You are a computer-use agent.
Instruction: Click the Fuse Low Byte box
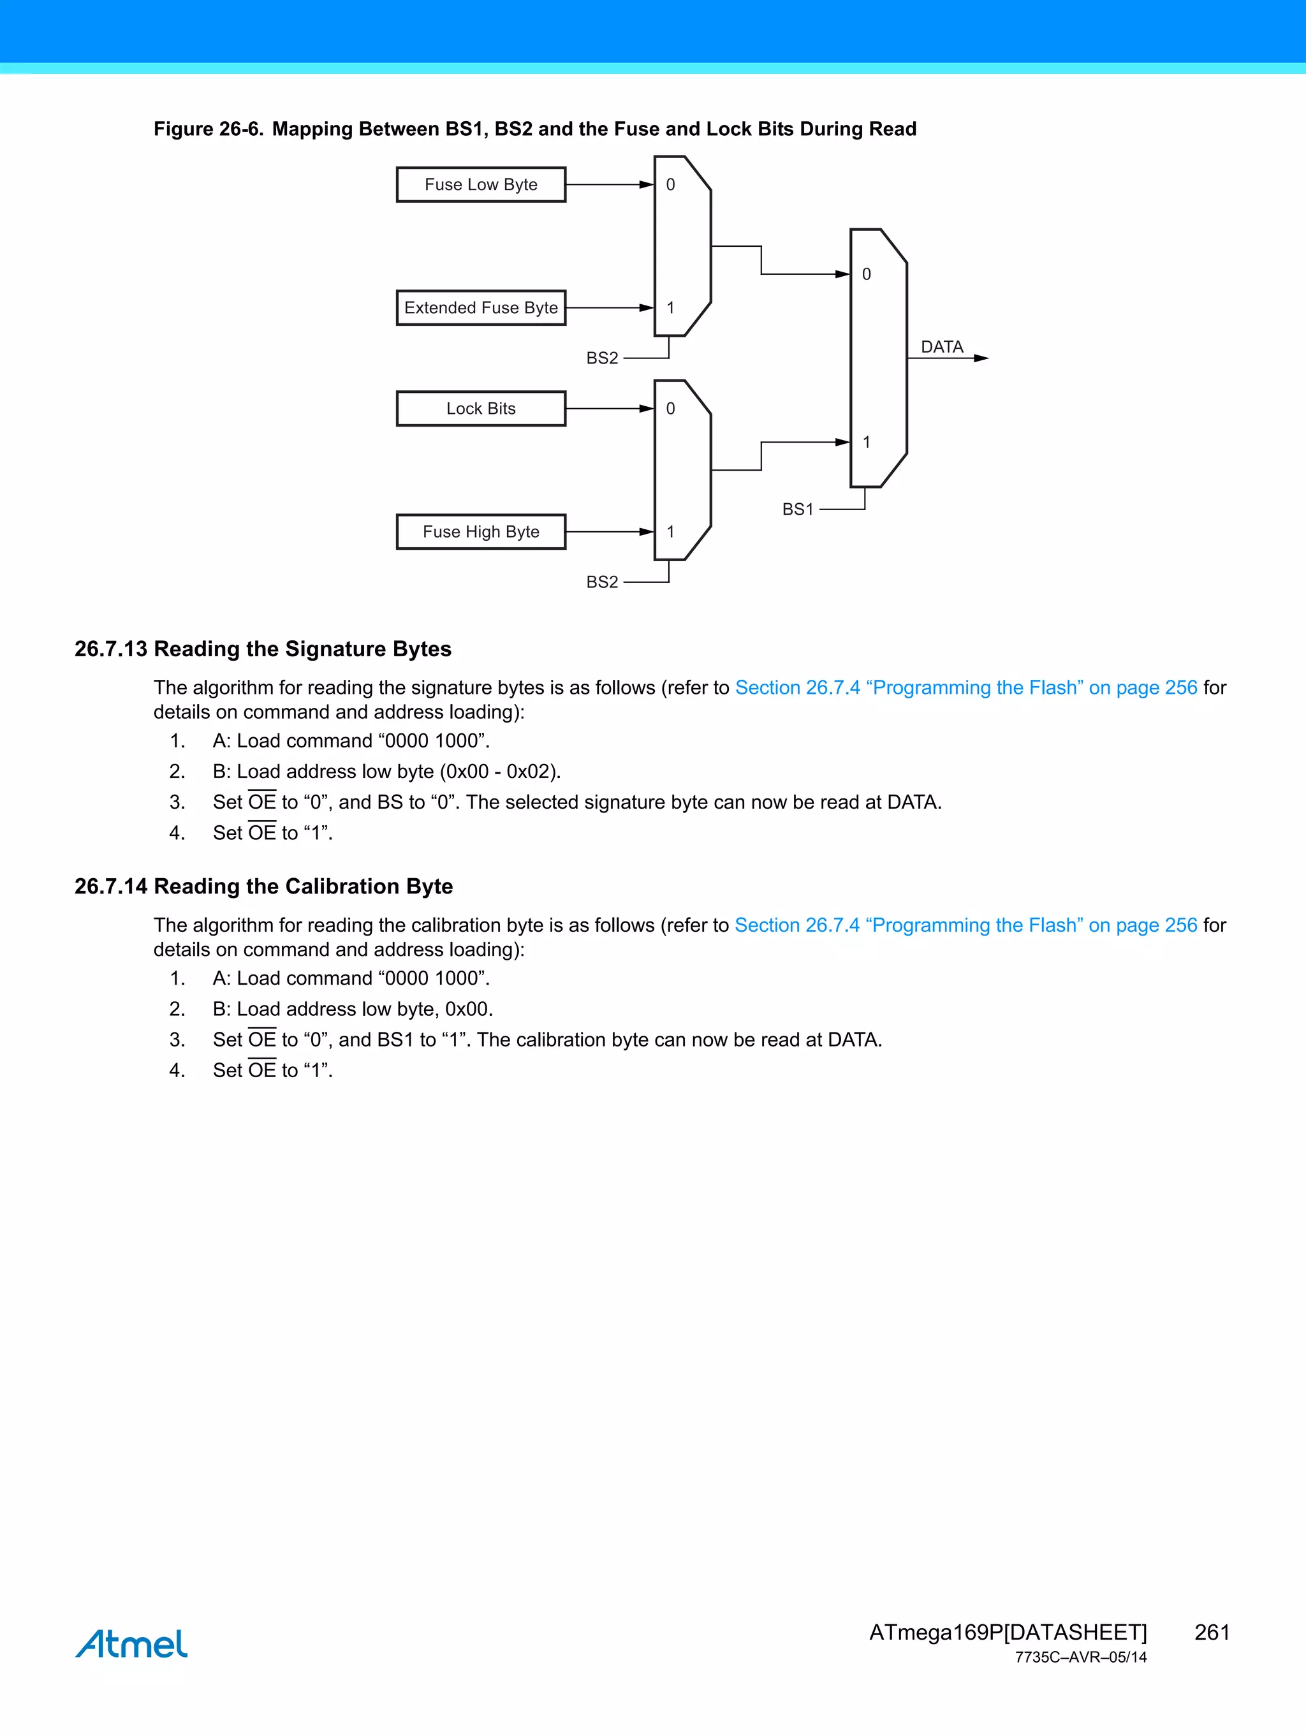coord(481,185)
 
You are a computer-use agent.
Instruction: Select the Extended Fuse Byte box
coord(481,308)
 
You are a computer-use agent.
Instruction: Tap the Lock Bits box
coord(481,408)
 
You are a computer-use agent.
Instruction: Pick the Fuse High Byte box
coord(481,531)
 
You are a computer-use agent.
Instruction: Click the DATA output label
coord(941,346)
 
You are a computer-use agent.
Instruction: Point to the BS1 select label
coord(797,510)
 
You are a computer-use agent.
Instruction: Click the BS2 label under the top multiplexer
coord(602,358)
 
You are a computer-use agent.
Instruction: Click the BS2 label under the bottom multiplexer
coord(602,582)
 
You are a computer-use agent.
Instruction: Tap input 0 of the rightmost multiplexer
coord(866,274)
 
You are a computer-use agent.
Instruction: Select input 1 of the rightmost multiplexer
coord(866,442)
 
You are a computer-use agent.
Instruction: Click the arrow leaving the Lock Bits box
coord(609,408)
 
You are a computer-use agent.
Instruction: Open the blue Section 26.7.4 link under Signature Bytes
coord(965,687)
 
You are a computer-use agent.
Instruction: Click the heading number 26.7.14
coord(110,886)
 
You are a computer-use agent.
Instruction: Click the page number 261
coord(1211,1632)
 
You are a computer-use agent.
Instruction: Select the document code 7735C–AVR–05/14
coord(1080,1657)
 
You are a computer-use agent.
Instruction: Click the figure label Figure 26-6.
coord(208,129)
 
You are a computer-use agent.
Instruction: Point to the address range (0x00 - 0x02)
coord(499,772)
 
